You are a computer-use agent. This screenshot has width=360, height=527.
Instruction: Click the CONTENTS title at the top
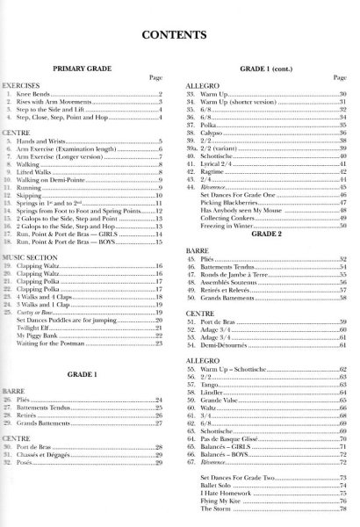(179, 34)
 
